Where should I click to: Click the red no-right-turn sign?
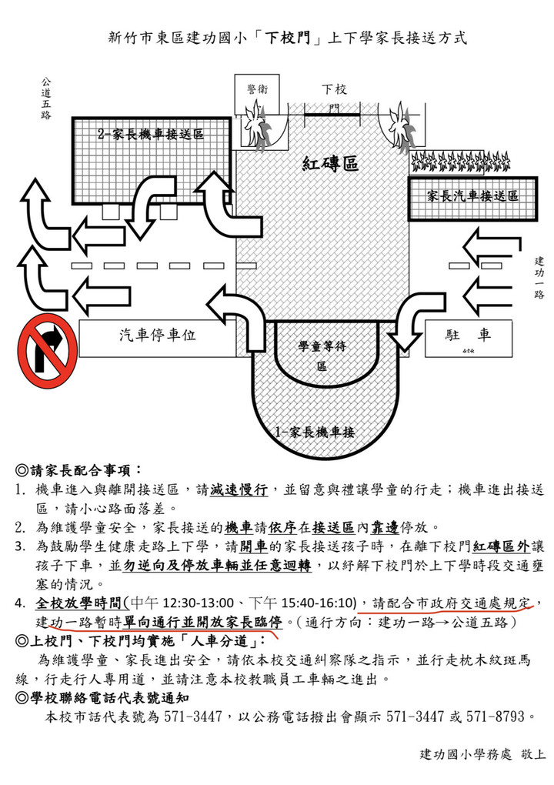point(48,352)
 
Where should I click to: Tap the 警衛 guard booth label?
point(257,89)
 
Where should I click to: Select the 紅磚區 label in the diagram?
point(330,163)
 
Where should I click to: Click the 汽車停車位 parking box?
point(158,339)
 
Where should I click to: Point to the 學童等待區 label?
point(322,356)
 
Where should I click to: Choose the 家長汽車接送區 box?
point(472,199)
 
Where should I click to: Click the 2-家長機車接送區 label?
point(151,134)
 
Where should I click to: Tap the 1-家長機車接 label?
point(315,432)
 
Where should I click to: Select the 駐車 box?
point(469,339)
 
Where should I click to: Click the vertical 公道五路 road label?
point(46,99)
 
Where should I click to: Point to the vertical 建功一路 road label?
point(539,277)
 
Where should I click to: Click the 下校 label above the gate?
point(334,89)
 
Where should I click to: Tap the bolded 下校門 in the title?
point(287,38)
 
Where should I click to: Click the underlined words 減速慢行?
point(239,489)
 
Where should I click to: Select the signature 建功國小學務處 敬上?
point(482,754)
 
